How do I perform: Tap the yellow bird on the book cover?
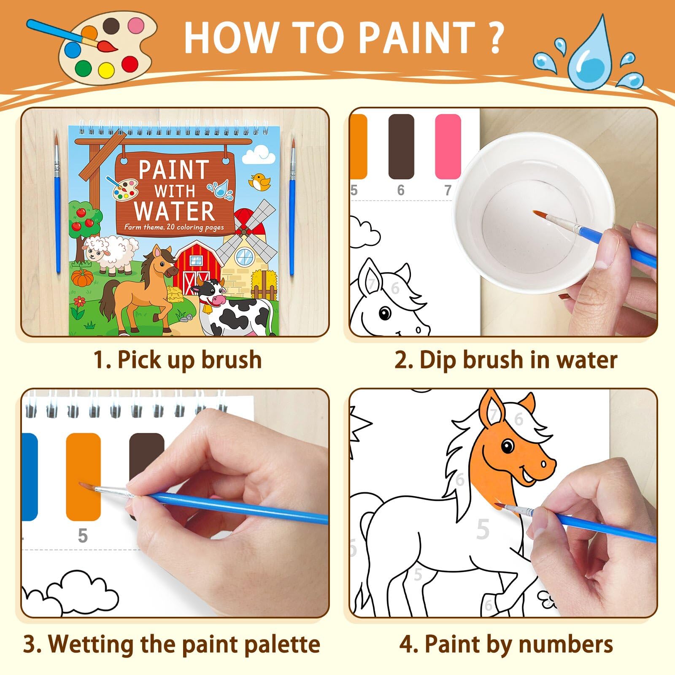click(258, 181)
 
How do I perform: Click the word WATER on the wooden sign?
click(174, 211)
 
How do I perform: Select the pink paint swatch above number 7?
click(448, 146)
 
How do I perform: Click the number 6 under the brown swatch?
click(401, 190)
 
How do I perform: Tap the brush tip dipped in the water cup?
click(538, 214)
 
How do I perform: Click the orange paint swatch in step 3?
click(84, 476)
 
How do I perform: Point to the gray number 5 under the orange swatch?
click(83, 535)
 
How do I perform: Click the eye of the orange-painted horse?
click(508, 446)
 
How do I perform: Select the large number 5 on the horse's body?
click(483, 529)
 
